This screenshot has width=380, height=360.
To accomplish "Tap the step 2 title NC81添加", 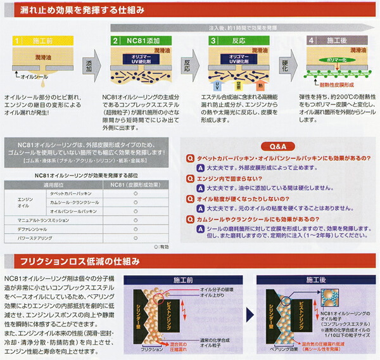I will (142, 41).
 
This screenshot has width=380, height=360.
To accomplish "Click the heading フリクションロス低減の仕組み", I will (82, 261).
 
